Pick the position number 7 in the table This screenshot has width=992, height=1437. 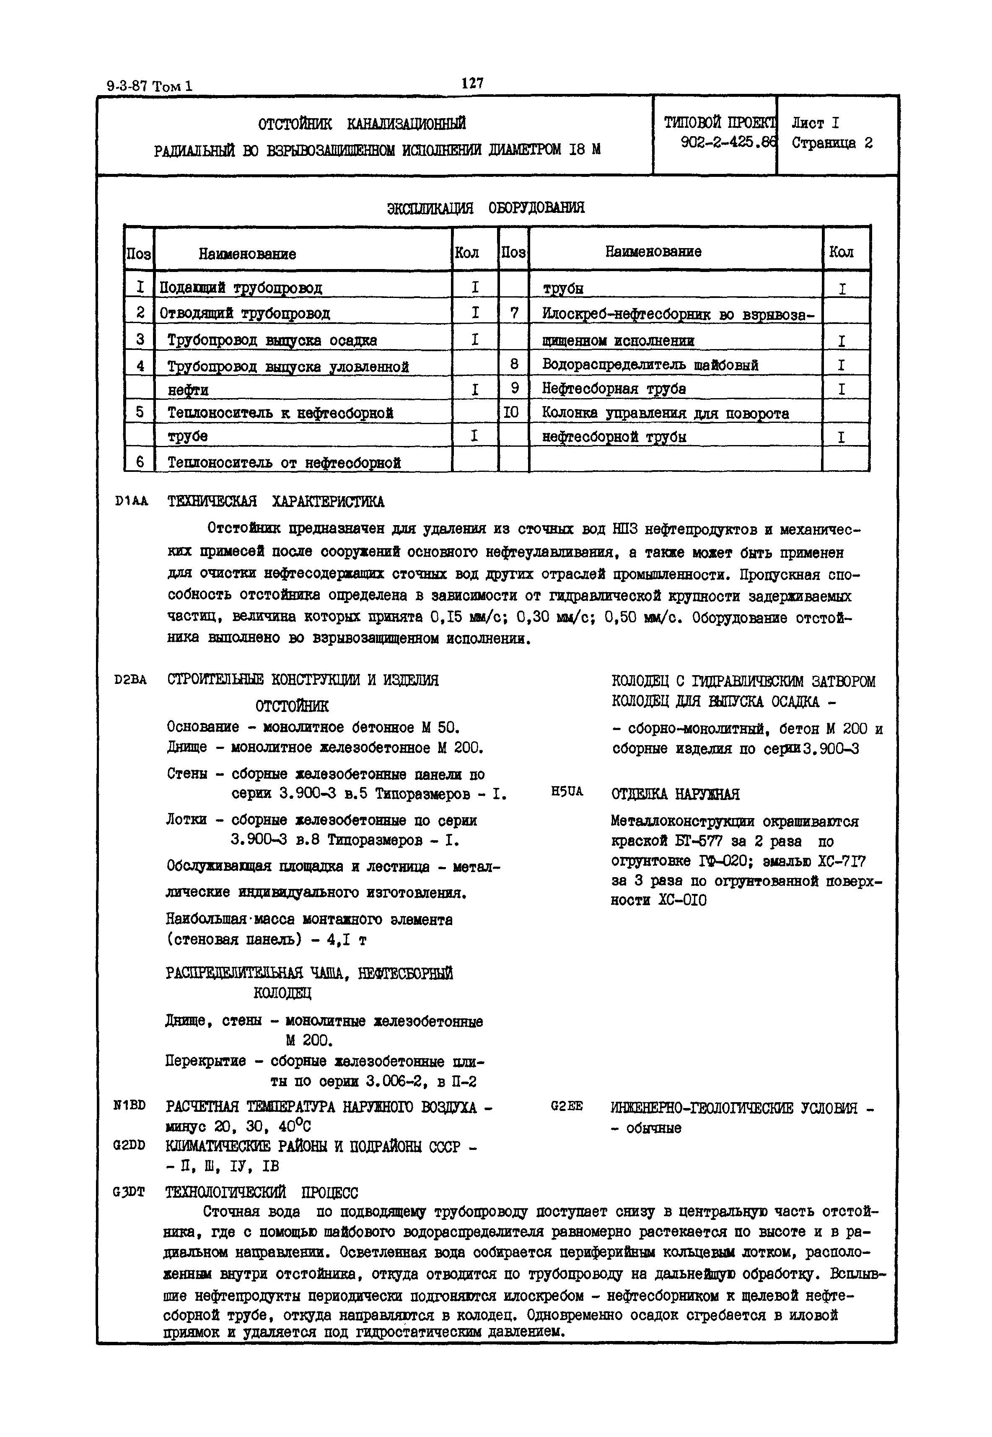[x=513, y=313]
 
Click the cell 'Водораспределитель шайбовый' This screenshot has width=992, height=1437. [x=650, y=365]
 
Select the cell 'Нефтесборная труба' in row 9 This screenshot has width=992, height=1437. [x=614, y=389]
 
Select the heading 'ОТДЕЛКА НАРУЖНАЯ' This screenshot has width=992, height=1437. [x=676, y=794]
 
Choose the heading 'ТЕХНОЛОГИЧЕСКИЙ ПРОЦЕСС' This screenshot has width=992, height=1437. [x=262, y=1193]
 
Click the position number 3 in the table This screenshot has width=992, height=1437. [x=140, y=340]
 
